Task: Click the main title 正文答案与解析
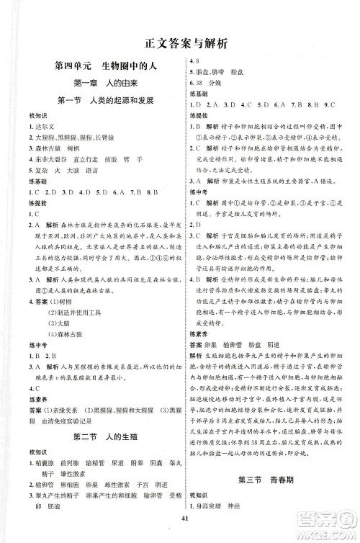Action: pyautogui.click(x=181, y=42)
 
